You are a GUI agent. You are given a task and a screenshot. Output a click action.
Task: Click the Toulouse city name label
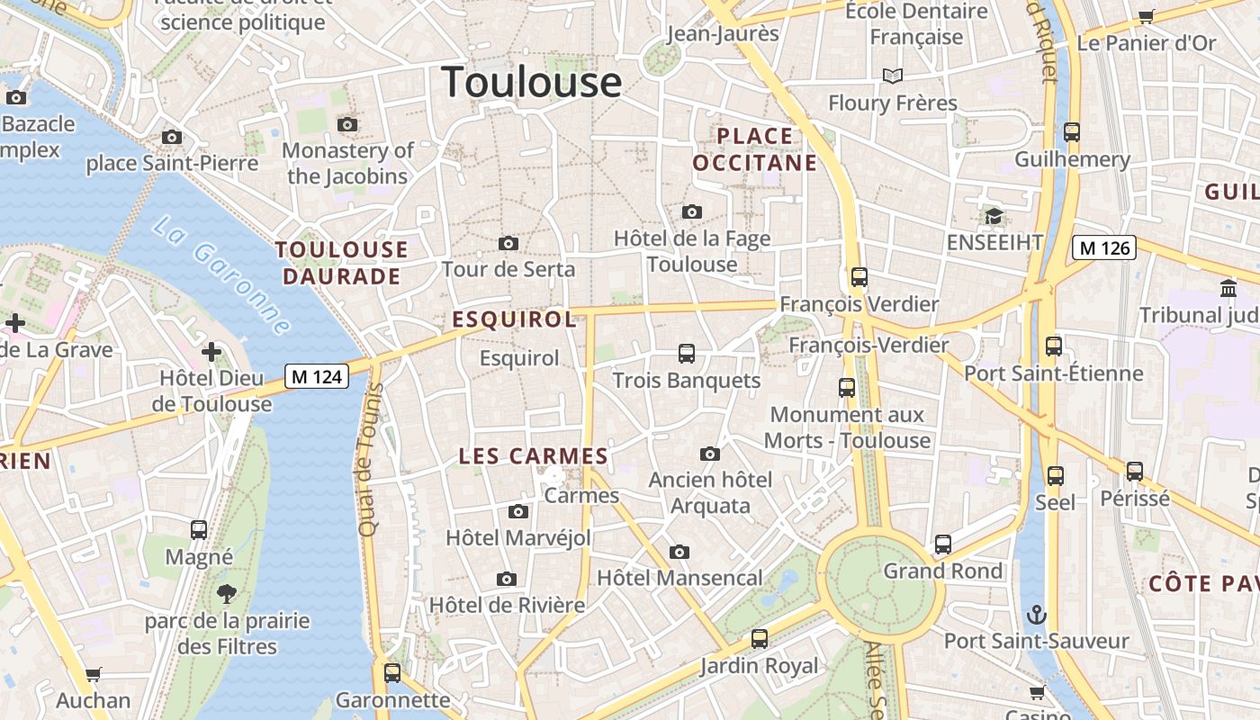[531, 82]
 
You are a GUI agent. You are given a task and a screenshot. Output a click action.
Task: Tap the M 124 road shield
[317, 376]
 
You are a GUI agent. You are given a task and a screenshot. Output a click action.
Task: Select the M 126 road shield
[1104, 247]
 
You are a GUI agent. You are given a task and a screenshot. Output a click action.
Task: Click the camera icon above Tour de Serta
[508, 244]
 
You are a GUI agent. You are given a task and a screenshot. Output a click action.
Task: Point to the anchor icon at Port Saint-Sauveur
[1037, 616]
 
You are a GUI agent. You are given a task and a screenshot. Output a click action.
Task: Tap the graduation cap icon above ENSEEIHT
[994, 216]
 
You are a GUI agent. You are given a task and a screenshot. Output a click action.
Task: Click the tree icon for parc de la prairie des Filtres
[227, 594]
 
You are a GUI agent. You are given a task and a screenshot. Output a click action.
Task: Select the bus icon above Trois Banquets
[687, 354]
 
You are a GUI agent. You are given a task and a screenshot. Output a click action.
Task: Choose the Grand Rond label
[942, 571]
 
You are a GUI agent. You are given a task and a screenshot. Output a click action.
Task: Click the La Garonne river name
[221, 275]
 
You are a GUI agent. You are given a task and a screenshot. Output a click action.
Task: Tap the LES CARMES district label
[534, 456]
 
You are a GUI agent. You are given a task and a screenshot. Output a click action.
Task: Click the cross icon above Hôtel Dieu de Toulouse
[211, 351]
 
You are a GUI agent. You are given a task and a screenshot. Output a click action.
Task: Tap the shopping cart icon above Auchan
[94, 674]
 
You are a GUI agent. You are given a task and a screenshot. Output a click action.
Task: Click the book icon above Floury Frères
[892, 76]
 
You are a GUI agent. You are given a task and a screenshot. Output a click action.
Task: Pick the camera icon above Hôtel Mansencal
[679, 552]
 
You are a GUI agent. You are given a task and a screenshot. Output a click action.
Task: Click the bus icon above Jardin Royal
[760, 639]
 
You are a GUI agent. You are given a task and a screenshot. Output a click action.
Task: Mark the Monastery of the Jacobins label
[347, 163]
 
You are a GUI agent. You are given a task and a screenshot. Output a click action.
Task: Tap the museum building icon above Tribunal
[1228, 288]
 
